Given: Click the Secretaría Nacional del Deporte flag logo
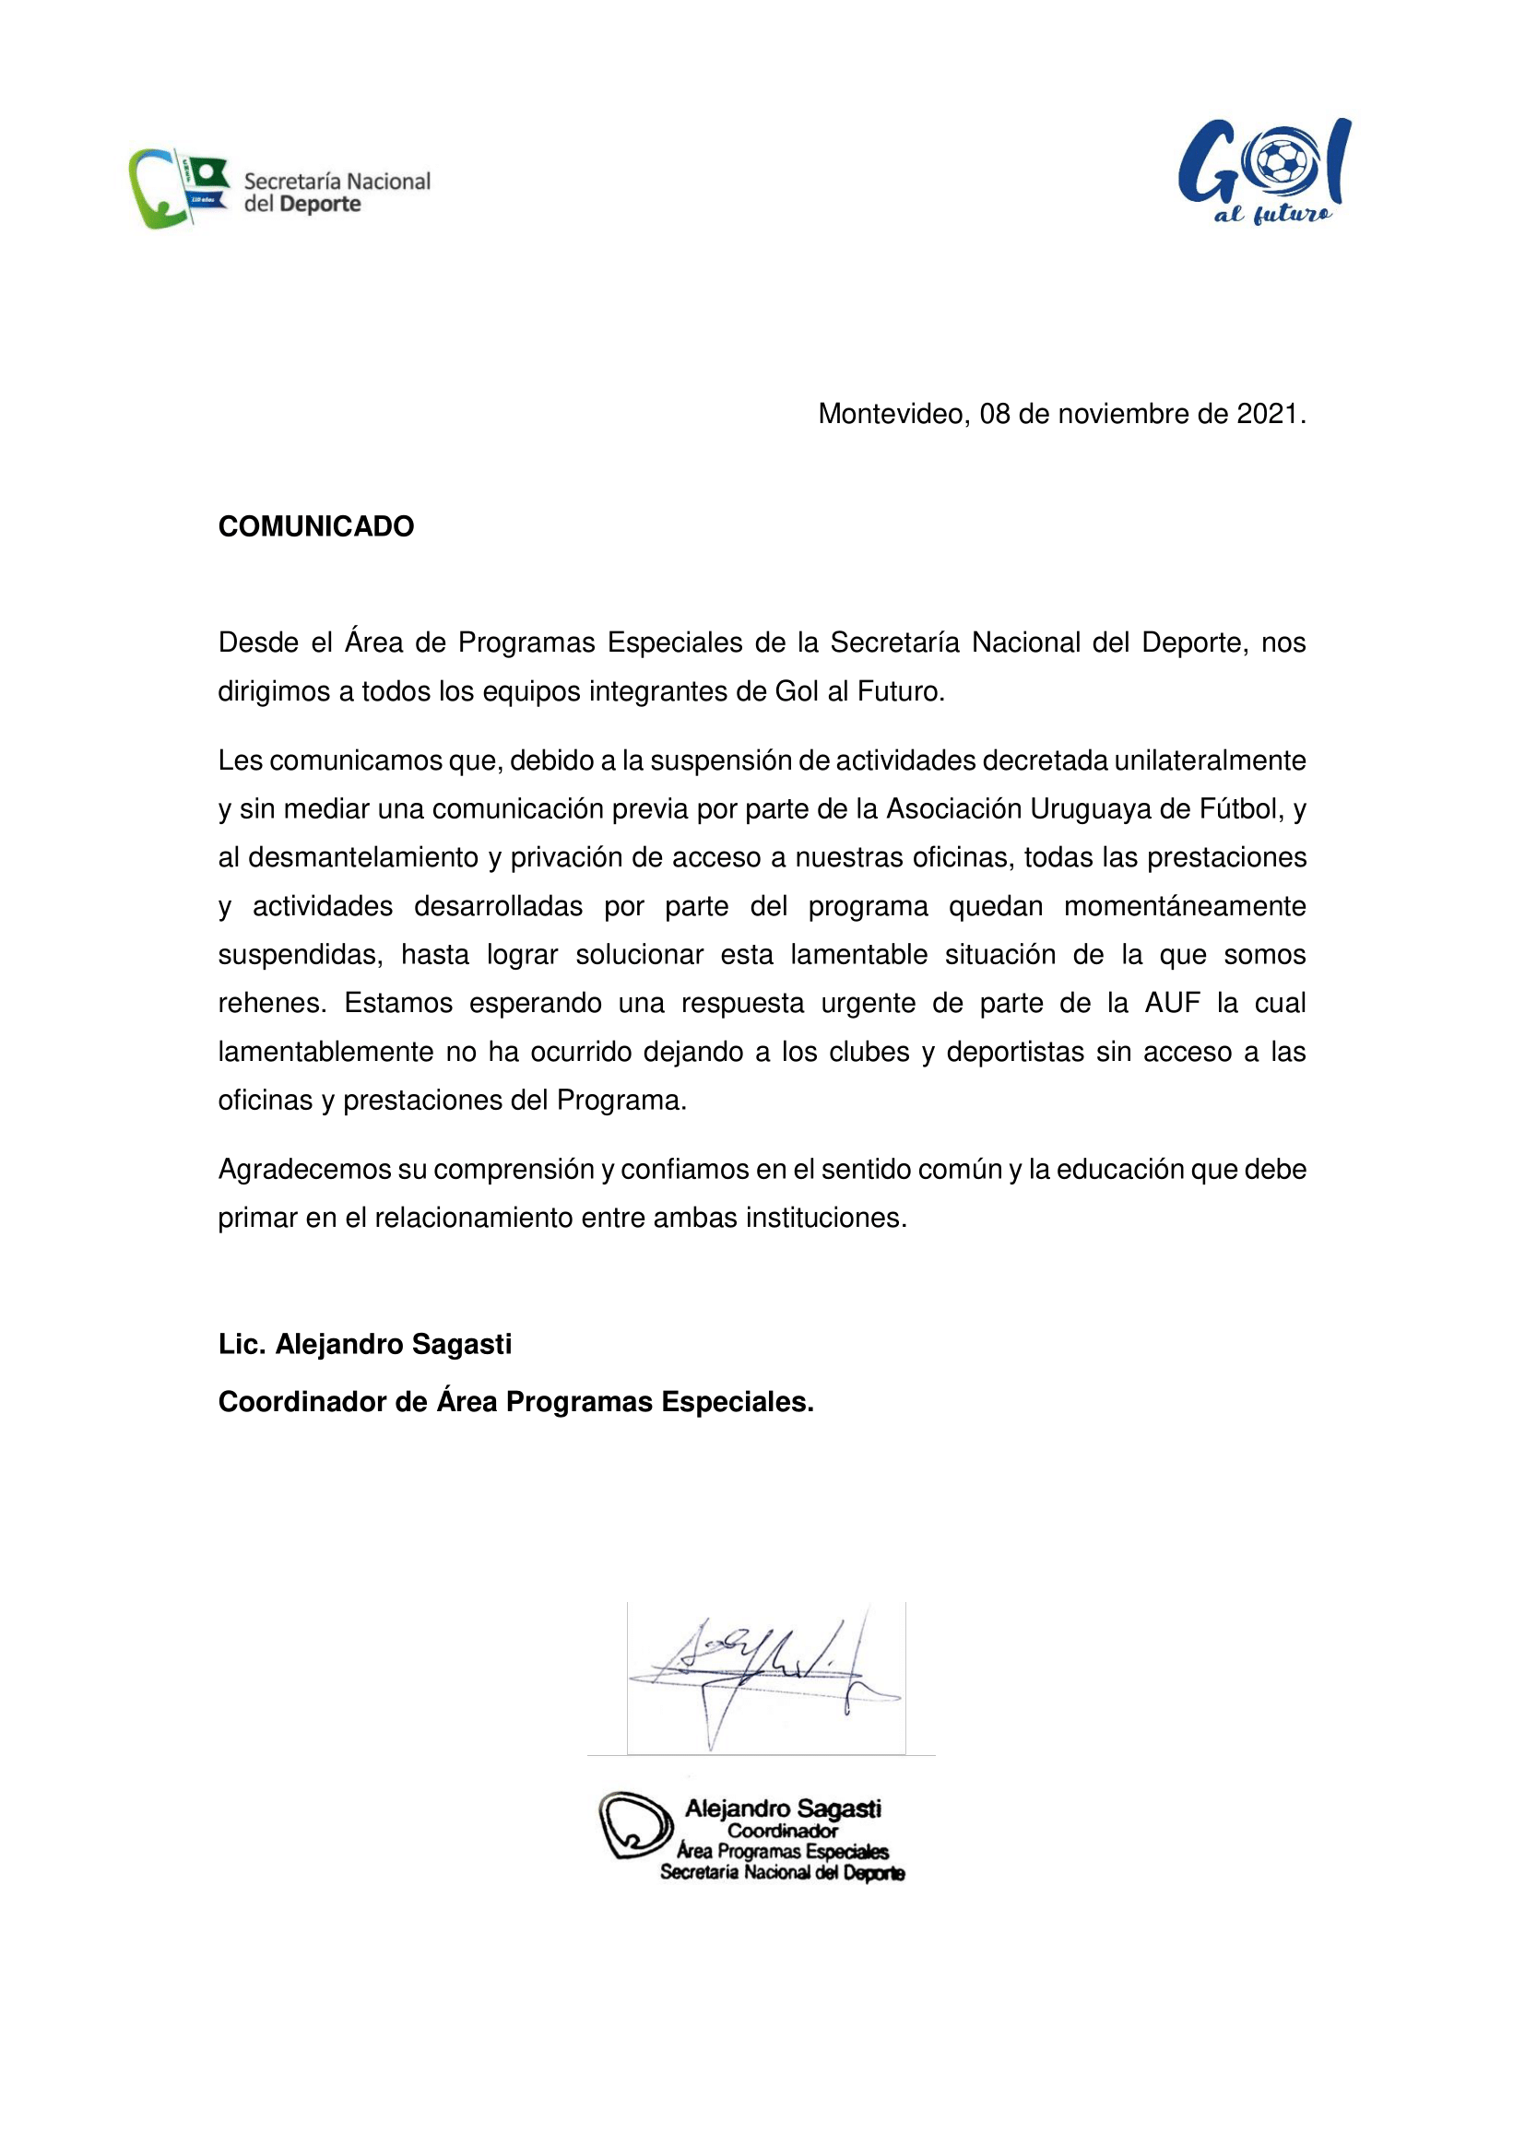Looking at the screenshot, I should tap(179, 188).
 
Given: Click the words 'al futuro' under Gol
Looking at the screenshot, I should tap(1272, 214).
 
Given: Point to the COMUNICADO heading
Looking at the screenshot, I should tap(315, 527).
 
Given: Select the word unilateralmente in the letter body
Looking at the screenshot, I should tap(1210, 760).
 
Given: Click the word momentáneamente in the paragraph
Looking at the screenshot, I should tap(1184, 906).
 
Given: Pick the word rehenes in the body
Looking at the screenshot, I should tap(270, 1003).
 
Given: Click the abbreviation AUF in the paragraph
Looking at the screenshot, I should tap(1172, 1003).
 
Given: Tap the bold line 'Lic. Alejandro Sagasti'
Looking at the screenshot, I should tap(364, 1345).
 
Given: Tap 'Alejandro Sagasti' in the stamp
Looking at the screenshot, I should tap(782, 1808).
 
